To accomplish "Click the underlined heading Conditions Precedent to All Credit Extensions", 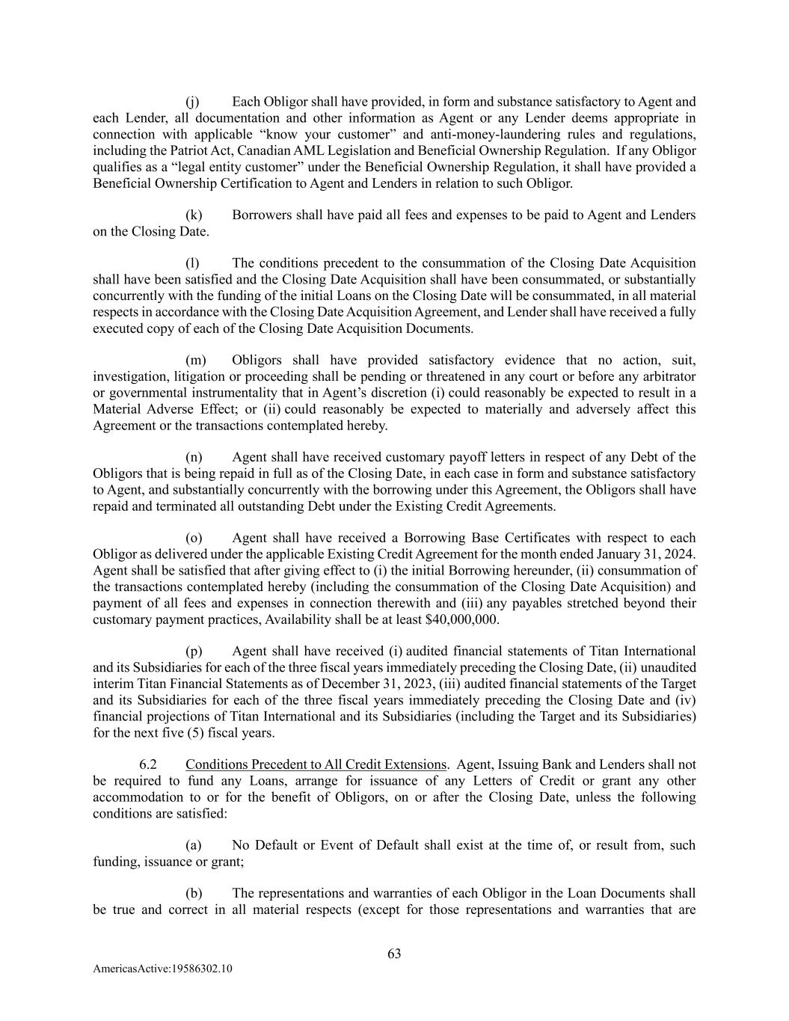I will point(316,764).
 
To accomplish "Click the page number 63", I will point(394,954).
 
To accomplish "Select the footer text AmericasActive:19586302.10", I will point(162,969).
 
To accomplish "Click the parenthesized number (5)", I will point(184,732).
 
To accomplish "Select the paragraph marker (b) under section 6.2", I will point(194,893).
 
